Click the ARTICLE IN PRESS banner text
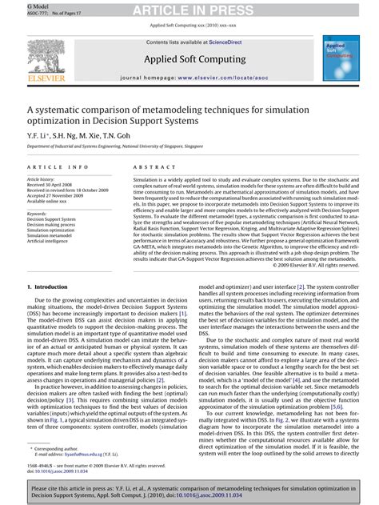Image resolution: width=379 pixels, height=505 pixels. click(x=189, y=10)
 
